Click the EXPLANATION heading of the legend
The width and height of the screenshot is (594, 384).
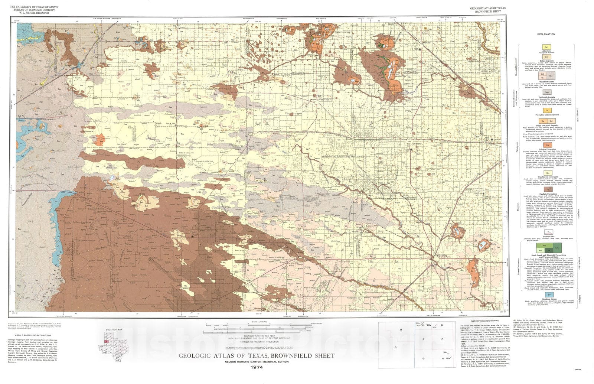pyautogui.click(x=546, y=34)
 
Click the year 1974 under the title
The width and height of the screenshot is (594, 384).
pyautogui.click(x=257, y=367)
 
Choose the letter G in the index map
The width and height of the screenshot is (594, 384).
pyautogui.click(x=423, y=358)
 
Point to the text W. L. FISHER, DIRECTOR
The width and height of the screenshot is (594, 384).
pyautogui.click(x=34, y=12)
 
